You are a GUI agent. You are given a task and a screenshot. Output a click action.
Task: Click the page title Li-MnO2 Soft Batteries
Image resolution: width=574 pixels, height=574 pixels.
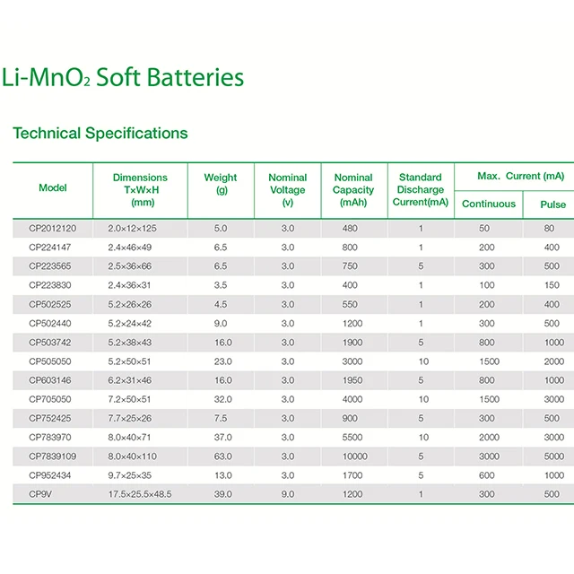(x=124, y=78)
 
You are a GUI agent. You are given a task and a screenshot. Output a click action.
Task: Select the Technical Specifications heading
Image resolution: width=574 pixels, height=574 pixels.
(x=100, y=134)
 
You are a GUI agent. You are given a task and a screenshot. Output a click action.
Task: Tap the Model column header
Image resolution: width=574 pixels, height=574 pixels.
(x=53, y=188)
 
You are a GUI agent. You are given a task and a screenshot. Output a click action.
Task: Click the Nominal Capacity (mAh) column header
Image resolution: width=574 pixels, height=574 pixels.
(x=353, y=190)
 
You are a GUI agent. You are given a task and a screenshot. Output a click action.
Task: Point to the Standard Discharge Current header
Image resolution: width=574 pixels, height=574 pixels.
(x=421, y=190)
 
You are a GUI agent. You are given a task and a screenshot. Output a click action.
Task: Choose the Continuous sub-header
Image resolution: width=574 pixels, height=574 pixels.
(x=489, y=204)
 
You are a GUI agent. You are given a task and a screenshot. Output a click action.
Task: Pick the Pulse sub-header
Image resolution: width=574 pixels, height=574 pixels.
(x=552, y=204)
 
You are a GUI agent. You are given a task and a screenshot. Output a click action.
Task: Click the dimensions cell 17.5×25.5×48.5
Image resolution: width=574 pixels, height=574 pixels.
(x=140, y=494)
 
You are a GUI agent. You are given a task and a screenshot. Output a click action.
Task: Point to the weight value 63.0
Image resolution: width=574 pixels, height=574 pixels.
(x=222, y=457)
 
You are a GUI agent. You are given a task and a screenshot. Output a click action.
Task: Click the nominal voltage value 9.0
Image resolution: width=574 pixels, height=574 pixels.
(x=287, y=494)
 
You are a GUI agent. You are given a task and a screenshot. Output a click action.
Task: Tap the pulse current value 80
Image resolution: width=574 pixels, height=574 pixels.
(x=550, y=229)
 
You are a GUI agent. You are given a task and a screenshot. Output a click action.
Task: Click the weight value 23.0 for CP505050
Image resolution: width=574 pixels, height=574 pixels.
(x=222, y=361)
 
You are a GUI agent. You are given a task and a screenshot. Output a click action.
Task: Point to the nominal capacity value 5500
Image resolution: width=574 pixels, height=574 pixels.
(x=352, y=438)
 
